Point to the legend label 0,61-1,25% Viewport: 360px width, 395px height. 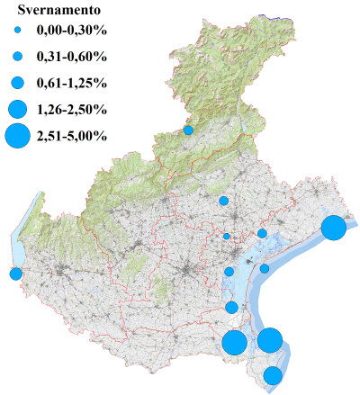pos(72,83)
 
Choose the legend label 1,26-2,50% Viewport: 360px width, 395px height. pos(72,110)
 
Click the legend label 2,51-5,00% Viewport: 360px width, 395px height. pos(72,136)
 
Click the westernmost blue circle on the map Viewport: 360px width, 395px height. pos(15,274)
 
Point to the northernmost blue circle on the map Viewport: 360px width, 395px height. pos(189,130)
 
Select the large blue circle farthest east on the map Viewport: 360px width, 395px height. pos(334,228)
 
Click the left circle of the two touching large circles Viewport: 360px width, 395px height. pos(235,343)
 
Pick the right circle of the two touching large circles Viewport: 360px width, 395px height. pos(270,340)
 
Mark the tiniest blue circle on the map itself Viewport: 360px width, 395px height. pos(227,237)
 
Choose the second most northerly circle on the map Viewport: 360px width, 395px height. pos(223,201)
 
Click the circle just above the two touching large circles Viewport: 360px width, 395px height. pos(232,308)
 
